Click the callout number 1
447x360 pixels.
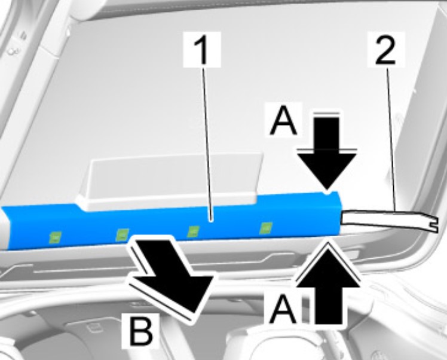pos(202,50)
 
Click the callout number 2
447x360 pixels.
pos(385,49)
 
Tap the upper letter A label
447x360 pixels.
pos(284,120)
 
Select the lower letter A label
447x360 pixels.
pos(283,309)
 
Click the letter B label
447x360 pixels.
pos(140,331)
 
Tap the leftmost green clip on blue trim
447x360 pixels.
pos(56,237)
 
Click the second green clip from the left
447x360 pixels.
pos(123,234)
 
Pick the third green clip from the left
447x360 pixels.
pos(193,231)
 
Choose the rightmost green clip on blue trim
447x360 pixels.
pos(266,228)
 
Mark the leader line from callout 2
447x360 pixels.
pos(391,139)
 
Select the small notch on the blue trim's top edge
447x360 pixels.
pos(328,193)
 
